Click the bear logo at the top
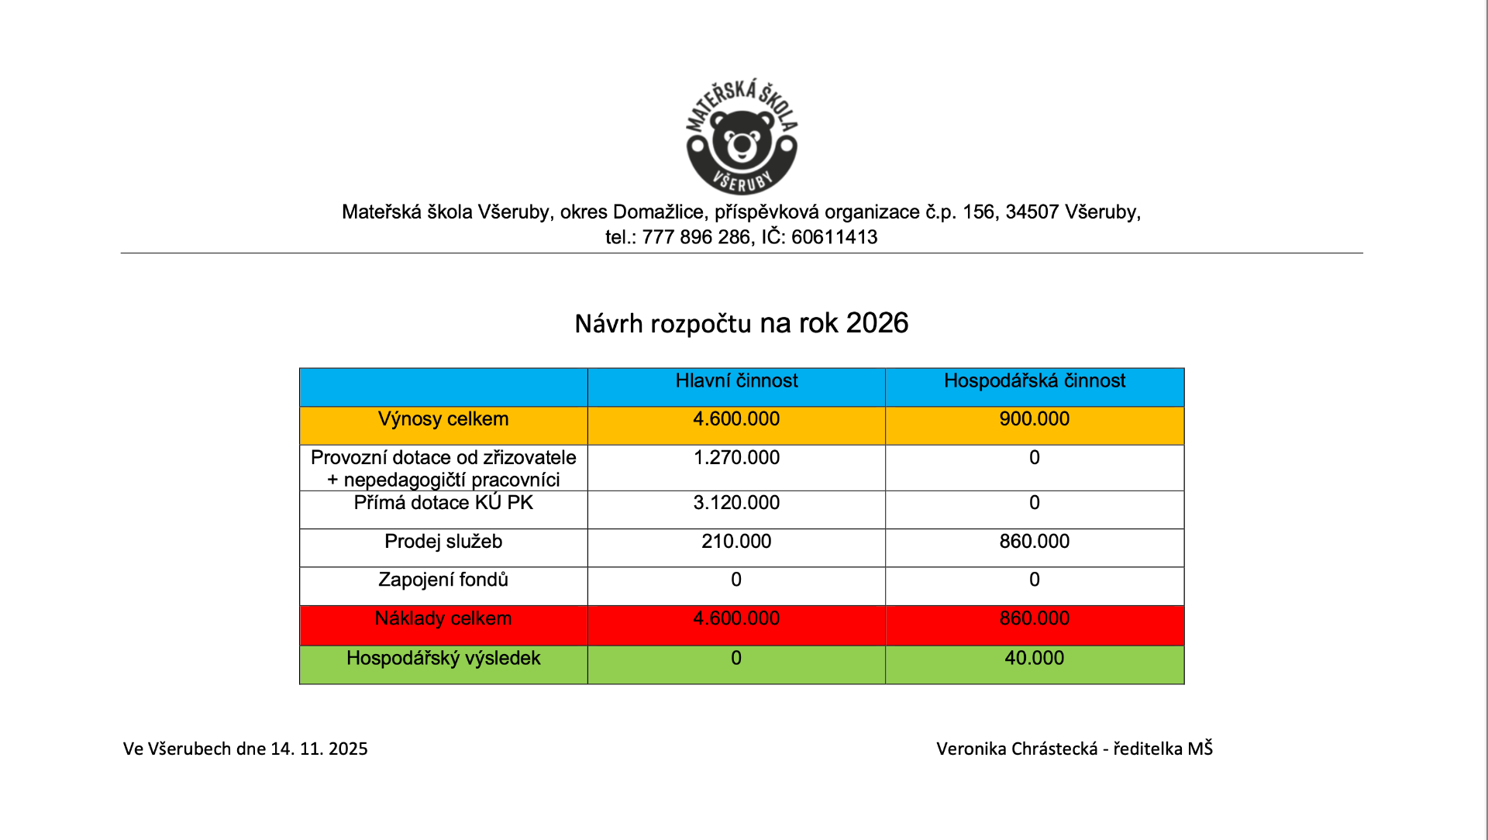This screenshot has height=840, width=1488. [742, 137]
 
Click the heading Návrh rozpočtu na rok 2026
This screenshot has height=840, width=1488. [741, 323]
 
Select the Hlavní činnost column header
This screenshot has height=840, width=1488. [736, 380]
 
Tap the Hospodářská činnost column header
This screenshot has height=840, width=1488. [1034, 380]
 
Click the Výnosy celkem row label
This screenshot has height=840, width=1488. [443, 419]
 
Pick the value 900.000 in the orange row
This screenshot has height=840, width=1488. [1034, 419]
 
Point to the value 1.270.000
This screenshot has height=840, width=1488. [736, 457]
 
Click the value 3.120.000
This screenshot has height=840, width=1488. [736, 503]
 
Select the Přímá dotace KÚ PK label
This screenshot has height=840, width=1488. [443, 503]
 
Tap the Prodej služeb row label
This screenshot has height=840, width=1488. [443, 542]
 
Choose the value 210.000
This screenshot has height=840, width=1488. [736, 542]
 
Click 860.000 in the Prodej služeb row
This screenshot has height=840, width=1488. [1034, 542]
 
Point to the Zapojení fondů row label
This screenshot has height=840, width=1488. [443, 580]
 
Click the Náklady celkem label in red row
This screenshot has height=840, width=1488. [443, 618]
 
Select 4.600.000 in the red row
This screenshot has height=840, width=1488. [736, 618]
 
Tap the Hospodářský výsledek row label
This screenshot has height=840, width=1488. [443, 658]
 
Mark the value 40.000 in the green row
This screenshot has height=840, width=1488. [1034, 658]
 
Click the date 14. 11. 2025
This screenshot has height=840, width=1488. [319, 749]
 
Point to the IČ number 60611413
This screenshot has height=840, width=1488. [834, 237]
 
